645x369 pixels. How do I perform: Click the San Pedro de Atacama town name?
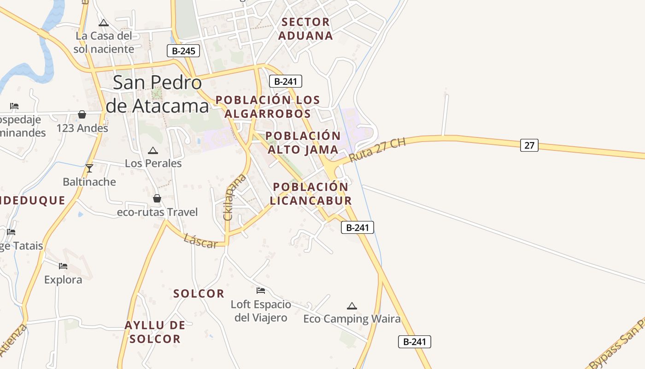point(157,95)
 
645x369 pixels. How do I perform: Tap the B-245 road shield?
point(183,51)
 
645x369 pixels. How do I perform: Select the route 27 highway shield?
point(529,145)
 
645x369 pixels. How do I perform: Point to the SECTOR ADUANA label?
point(305,29)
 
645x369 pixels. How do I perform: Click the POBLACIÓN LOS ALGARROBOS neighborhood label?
point(268,107)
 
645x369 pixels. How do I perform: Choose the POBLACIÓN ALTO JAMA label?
point(303,143)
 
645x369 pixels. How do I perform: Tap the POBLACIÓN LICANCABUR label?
point(311,194)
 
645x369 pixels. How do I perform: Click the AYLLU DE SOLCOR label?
point(155,332)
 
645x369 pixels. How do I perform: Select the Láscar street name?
point(200,240)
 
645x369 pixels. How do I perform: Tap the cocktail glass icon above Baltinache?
point(89,168)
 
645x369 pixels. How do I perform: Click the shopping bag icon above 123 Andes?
point(82,114)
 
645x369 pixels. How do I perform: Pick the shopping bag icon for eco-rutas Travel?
point(157,198)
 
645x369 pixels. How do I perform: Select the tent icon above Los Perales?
point(153,150)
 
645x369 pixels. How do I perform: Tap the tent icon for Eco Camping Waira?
point(352,306)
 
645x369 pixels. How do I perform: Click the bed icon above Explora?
point(63,266)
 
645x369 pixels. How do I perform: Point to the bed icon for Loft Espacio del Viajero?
point(261,291)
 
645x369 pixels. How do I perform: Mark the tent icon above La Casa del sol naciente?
point(104,23)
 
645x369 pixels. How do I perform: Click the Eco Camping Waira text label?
point(352,319)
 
